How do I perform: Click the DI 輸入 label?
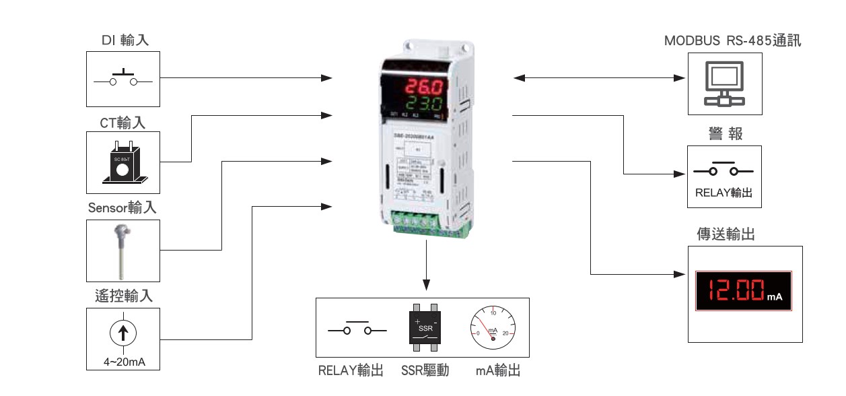(125, 40)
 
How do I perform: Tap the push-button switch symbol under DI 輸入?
(123, 79)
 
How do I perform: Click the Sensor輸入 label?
(123, 208)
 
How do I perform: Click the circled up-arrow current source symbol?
(123, 333)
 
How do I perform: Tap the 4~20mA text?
(125, 362)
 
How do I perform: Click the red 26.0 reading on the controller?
(423, 88)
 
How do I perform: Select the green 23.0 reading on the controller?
(423, 104)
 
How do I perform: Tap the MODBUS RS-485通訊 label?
(733, 40)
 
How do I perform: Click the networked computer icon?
(724, 84)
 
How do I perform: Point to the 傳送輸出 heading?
(725, 235)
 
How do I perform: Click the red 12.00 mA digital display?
(743, 292)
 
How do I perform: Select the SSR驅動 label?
(425, 370)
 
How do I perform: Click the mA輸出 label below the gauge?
(497, 370)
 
